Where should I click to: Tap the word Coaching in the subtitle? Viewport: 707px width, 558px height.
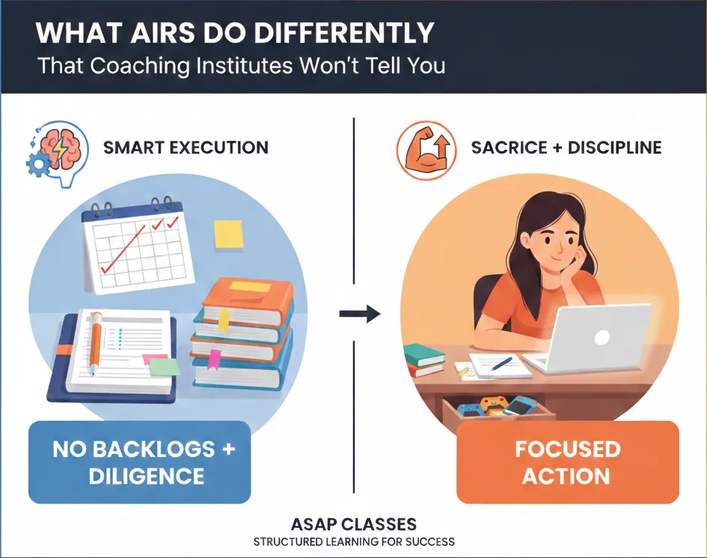click(140, 66)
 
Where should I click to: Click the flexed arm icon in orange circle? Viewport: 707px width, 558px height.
click(426, 151)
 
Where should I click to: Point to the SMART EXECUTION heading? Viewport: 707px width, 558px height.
click(186, 148)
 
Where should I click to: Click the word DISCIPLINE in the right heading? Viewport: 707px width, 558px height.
click(614, 148)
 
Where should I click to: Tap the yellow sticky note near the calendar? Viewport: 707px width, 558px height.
click(229, 234)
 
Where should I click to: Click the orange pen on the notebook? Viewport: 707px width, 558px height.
click(95, 343)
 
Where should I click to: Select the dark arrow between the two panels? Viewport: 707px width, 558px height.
click(360, 313)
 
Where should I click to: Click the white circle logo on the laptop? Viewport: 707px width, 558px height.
click(602, 337)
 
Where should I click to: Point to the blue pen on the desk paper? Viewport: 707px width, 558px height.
click(501, 363)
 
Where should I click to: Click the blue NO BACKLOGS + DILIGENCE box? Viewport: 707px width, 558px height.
click(139, 462)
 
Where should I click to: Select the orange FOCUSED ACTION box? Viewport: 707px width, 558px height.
click(568, 462)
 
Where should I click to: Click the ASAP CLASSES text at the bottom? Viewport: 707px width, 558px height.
click(354, 524)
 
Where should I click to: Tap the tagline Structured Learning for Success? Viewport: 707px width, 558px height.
click(354, 542)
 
